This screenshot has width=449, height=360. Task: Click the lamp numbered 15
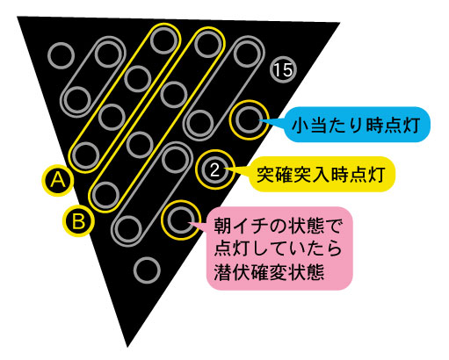click(283, 70)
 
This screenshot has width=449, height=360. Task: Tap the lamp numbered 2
click(215, 169)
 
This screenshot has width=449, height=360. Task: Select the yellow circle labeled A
click(58, 180)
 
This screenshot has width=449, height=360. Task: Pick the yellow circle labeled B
click(78, 220)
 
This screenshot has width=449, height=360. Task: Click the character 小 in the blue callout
click(301, 126)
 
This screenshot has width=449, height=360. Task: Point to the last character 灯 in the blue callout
click(411, 126)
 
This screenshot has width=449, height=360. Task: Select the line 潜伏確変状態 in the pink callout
click(269, 272)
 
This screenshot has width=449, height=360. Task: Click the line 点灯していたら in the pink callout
click(278, 249)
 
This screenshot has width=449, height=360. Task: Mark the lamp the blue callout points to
click(249, 120)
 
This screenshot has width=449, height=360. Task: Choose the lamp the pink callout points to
click(181, 220)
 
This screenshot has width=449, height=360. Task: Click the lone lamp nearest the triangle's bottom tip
click(147, 270)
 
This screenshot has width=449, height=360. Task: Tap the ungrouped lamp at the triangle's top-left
click(62, 55)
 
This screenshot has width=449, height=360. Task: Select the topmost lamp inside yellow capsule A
click(164, 40)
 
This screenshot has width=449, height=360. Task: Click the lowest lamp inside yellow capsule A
click(85, 155)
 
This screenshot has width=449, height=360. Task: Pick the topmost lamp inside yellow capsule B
click(208, 45)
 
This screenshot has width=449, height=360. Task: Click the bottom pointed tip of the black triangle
click(127, 347)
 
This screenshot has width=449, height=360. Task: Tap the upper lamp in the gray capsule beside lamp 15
click(248, 54)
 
